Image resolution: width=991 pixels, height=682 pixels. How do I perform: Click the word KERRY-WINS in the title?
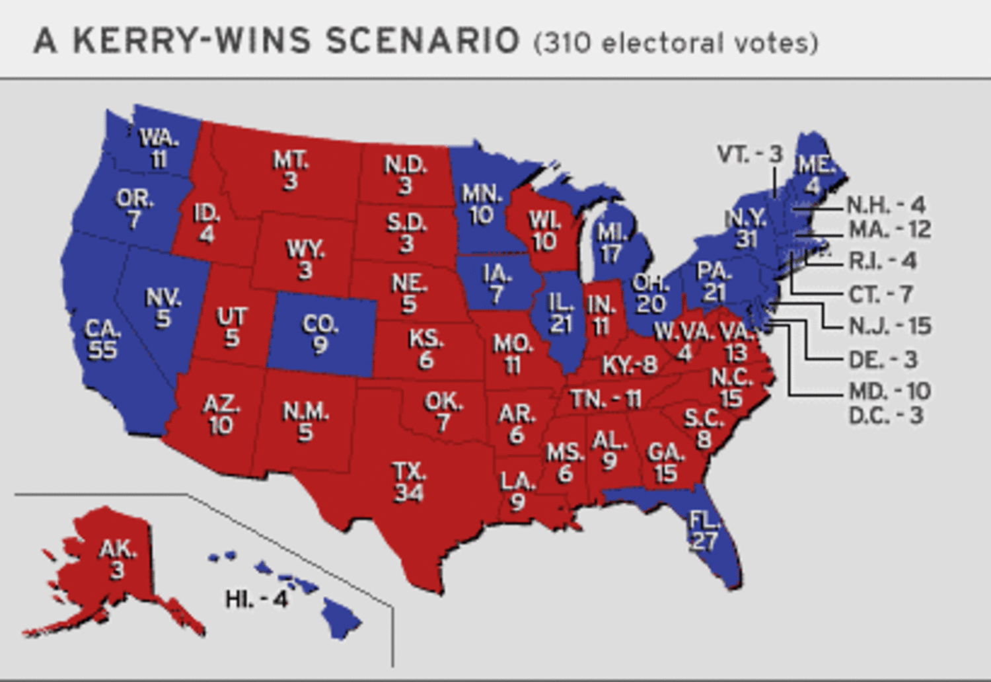click(x=191, y=41)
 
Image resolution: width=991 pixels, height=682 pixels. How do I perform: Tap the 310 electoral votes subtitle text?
click(x=676, y=44)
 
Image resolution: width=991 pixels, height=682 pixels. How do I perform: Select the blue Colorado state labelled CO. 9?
click(x=321, y=334)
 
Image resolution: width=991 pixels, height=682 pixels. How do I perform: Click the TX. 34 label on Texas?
click(x=408, y=482)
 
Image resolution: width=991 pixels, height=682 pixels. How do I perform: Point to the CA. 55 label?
click(x=102, y=340)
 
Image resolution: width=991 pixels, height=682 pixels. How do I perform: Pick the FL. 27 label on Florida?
click(x=704, y=531)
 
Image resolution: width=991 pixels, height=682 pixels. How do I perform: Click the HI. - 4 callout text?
click(x=256, y=599)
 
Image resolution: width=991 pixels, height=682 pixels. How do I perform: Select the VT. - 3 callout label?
click(x=749, y=154)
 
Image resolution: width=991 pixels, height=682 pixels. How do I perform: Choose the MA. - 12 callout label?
click(x=889, y=229)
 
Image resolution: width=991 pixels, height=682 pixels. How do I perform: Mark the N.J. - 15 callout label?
click(x=889, y=325)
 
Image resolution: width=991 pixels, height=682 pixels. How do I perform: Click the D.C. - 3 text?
click(x=885, y=415)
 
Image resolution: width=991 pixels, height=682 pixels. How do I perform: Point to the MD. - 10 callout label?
click(x=889, y=391)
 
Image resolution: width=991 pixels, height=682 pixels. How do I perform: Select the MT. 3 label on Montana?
click(x=291, y=170)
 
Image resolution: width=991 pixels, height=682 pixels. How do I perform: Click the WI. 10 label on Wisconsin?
click(x=544, y=231)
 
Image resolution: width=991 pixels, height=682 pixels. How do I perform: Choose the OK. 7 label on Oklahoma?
click(x=443, y=412)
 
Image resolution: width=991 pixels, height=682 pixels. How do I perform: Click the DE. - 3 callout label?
click(x=883, y=359)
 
